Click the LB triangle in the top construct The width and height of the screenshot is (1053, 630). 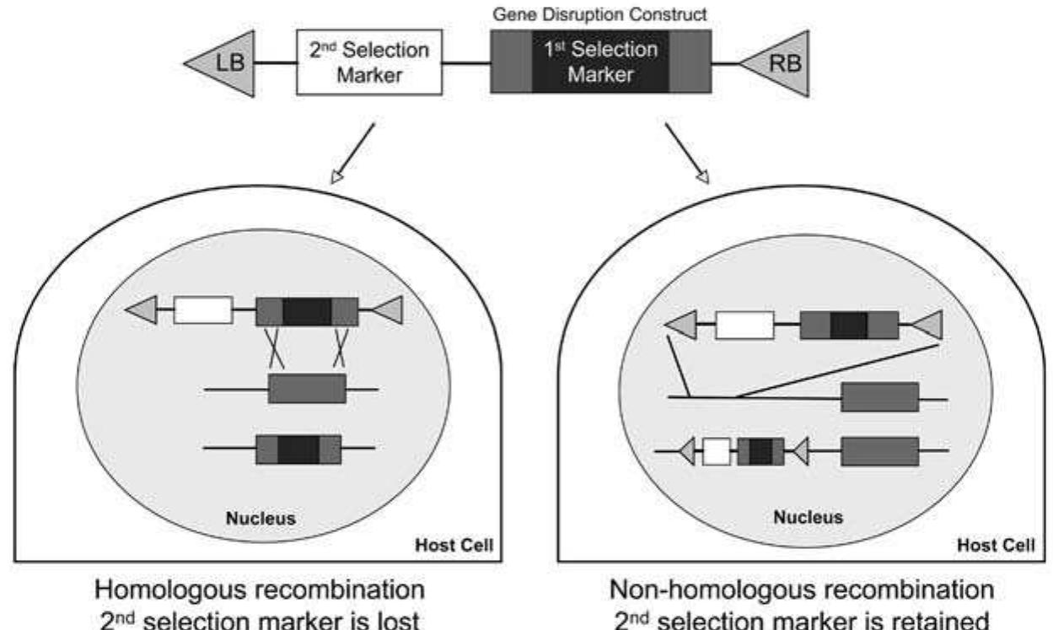point(223,62)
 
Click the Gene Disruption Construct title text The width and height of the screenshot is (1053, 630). point(599,14)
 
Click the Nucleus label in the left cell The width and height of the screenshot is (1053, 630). point(261,518)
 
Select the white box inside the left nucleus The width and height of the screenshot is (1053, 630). point(202,310)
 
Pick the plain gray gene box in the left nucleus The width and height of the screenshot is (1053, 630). point(306,389)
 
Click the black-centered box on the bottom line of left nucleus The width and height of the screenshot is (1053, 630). point(298,449)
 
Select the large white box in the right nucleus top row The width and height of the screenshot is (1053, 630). point(744,325)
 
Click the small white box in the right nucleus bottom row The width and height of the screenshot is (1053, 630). point(716,451)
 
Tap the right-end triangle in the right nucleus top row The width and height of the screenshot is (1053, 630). point(927,325)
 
